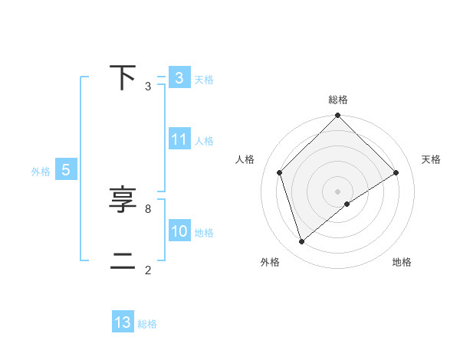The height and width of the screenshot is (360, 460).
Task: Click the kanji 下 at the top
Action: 123,77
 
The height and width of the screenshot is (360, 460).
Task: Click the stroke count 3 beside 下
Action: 148,87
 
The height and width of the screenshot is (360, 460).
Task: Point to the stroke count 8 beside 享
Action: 148,208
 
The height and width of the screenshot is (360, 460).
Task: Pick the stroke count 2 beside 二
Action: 148,270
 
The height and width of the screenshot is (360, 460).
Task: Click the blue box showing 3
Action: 179,78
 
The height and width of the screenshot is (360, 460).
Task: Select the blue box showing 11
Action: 179,139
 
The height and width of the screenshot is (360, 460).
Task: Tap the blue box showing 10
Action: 179,232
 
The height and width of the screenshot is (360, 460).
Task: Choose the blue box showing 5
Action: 66,171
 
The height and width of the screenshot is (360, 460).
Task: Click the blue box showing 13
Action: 123,322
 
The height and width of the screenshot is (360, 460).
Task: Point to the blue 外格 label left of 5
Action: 41,172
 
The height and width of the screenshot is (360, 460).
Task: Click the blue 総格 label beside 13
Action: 147,324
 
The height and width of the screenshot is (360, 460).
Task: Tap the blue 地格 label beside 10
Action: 204,233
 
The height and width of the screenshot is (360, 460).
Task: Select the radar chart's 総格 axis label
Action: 338,100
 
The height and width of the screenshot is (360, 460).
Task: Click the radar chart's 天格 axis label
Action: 432,159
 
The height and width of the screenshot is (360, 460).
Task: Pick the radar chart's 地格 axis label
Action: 402,263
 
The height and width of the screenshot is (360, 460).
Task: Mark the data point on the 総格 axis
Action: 338,116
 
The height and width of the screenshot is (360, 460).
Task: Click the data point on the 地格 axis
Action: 347,204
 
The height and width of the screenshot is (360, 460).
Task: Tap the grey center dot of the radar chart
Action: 338,191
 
